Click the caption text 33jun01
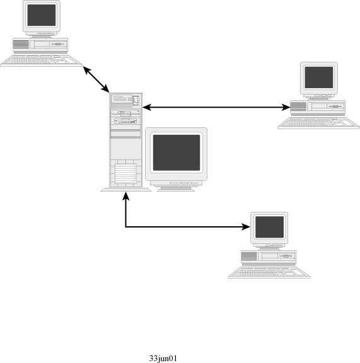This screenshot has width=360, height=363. coord(163,359)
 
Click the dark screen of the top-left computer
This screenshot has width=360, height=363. coord(42,15)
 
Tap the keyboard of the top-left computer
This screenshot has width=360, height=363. coord(41,61)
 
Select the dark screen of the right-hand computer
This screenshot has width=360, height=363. coord(319,78)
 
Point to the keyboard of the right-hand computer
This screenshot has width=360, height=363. coord(318,123)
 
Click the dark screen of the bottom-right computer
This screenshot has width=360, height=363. coord(269,227)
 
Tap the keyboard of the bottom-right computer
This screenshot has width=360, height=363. coord(269,272)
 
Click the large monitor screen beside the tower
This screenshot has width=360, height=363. coord(177,153)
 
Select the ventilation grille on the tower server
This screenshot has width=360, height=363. coord(125,173)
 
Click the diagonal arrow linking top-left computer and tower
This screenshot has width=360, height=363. coord(96,79)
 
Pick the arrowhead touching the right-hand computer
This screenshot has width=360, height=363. coord(286,107)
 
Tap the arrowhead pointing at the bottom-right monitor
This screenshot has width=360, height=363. coord(246,227)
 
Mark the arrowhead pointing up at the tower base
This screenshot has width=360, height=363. coord(125,196)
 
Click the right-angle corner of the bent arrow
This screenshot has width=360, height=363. coord(125,227)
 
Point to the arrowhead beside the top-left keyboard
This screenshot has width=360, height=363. coord(86,70)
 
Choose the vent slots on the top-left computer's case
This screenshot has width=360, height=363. coord(21,44)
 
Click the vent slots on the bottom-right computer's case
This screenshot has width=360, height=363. coord(249,256)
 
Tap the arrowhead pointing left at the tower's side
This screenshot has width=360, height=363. coord(147,107)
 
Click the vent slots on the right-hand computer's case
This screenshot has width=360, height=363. coord(298,107)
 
